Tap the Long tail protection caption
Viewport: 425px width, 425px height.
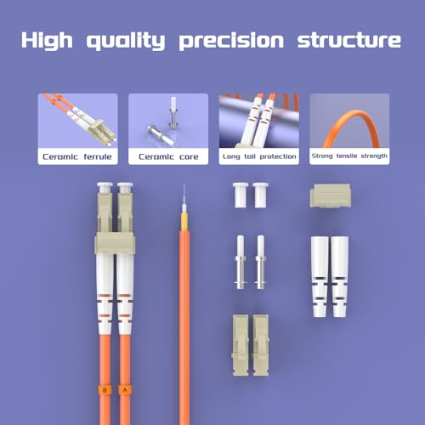tap(258, 156)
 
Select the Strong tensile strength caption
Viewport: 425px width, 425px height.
tap(348, 156)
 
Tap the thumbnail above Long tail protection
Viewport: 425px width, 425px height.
tap(258, 121)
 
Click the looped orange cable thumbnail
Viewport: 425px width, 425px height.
tap(348, 121)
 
